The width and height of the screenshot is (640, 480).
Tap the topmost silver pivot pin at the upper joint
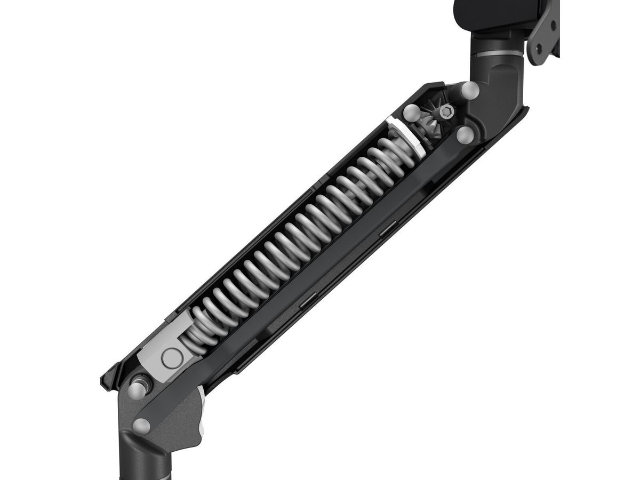pyautogui.click(x=470, y=90)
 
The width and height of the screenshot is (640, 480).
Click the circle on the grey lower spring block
pyautogui.click(x=172, y=359)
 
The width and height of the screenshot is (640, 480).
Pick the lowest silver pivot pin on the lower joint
pyautogui.click(x=142, y=425)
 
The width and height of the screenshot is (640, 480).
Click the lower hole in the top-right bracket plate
pyautogui.click(x=539, y=46)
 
